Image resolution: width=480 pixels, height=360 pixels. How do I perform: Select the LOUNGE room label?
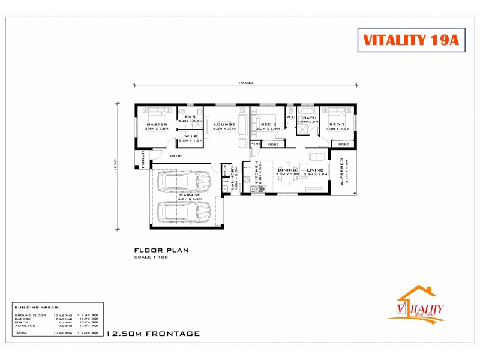pos(226,125)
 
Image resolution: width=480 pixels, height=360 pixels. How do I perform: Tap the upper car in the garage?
pos(183,181)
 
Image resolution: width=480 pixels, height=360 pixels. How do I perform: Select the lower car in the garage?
pos(183,211)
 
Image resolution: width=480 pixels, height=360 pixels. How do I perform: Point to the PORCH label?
pos(143,160)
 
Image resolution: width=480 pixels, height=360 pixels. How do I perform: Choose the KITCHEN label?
pos(256,172)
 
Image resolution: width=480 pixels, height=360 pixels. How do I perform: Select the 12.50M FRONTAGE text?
pos(152,333)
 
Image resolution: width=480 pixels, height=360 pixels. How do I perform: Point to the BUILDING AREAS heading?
pos(37,306)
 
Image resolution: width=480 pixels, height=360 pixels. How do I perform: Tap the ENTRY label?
pos(176,156)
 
